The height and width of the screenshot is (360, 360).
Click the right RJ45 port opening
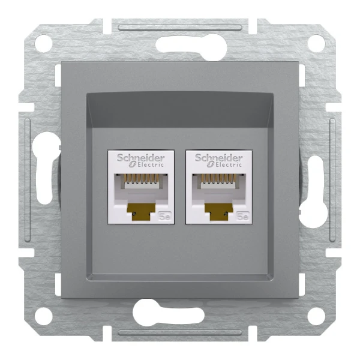[218, 187]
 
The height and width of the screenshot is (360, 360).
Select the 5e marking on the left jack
[166, 217]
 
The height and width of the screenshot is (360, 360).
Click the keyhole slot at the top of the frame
[180, 44]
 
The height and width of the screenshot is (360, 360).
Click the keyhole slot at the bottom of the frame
[180, 313]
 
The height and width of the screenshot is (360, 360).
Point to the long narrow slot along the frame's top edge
[180, 26]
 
